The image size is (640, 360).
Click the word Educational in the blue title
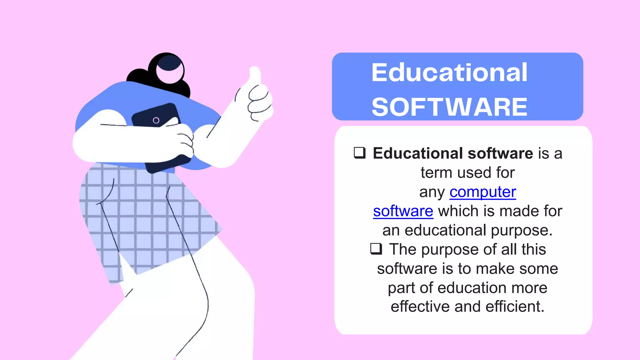coord(449,73)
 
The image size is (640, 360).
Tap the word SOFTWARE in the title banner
coord(449,107)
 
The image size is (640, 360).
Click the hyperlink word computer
coord(483,192)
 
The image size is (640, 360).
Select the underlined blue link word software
coord(403,211)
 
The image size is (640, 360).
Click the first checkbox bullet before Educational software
coord(360,153)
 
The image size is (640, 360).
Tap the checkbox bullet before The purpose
coord(376,249)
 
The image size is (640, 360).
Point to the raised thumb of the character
coord(255,75)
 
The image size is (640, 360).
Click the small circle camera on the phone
coord(156,120)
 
